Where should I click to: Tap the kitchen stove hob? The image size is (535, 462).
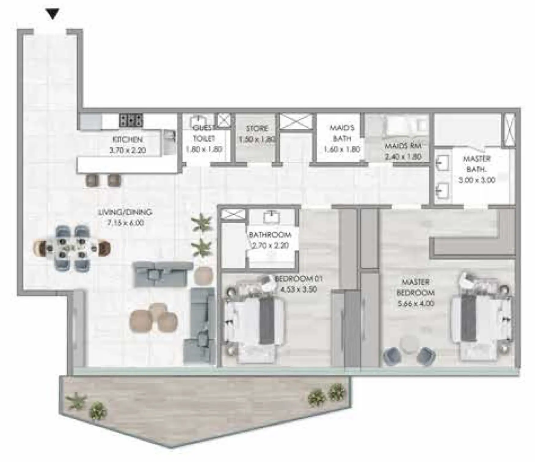(131, 120)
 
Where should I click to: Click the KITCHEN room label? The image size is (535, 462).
(127, 139)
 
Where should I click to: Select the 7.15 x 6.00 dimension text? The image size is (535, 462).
(125, 223)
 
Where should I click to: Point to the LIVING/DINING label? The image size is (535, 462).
(125, 212)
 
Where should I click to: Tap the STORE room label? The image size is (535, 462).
(257, 128)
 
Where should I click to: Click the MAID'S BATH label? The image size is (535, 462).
(342, 133)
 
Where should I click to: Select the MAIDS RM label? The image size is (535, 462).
(403, 146)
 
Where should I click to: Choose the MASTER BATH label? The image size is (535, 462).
(477, 164)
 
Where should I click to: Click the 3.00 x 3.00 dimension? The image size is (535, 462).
(477, 180)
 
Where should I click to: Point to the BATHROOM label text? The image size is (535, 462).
(270, 235)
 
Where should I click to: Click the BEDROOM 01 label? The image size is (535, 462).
(299, 279)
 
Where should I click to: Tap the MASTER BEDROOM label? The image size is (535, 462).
(416, 287)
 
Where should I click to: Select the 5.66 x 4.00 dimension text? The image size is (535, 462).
(416, 304)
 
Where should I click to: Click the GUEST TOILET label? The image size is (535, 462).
(204, 133)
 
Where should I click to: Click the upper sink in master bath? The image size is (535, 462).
(442, 162)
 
